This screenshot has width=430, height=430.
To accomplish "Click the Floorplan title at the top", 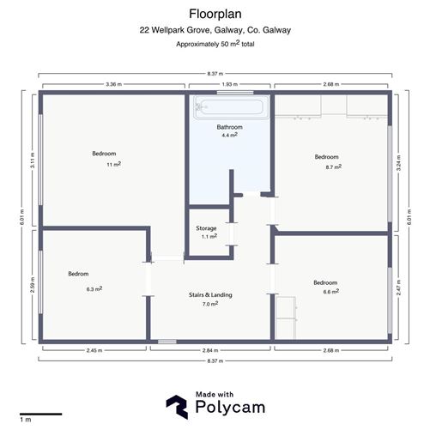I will (215, 13).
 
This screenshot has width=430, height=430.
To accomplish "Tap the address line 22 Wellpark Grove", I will (215, 30).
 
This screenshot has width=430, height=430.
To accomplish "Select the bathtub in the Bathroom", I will (231, 107).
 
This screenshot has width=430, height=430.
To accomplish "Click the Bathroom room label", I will (229, 126).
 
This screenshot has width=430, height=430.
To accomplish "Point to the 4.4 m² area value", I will (229, 135).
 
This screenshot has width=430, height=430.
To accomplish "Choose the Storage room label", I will (207, 228).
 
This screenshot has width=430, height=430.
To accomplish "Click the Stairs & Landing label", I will (210, 294).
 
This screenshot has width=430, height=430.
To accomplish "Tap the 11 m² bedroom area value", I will (112, 164).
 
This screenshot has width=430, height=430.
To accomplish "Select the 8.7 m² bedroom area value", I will (326, 167).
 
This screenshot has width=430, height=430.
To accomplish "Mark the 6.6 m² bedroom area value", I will (330, 291).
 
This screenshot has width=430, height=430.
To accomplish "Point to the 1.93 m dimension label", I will (229, 84).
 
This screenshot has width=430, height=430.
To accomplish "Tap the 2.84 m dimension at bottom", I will (210, 351).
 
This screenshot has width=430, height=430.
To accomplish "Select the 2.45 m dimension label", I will (95, 351).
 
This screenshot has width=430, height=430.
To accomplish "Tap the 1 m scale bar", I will (40, 415).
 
